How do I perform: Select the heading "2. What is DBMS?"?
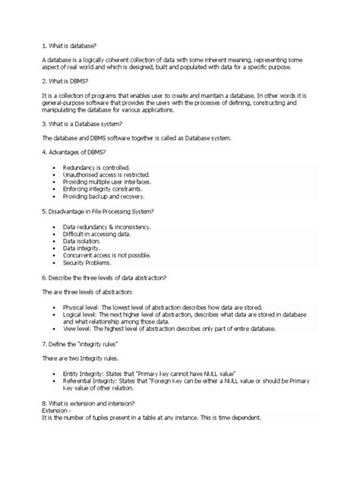click(67, 79)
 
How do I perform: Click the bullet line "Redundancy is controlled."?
click(96, 166)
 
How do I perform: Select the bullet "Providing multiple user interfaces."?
click(108, 182)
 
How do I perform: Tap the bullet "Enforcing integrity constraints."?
click(103, 189)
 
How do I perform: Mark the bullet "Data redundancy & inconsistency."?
click(107, 226)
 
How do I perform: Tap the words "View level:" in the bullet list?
click(77, 329)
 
